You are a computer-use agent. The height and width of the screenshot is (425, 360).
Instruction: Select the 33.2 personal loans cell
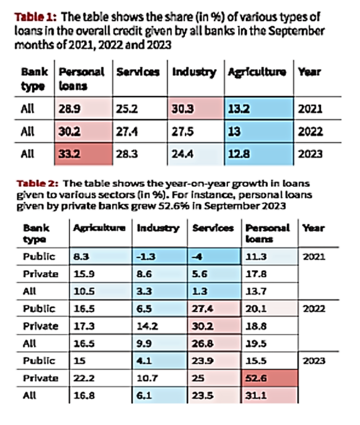tap(82, 153)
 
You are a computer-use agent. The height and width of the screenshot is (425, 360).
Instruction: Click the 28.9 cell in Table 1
tap(82, 109)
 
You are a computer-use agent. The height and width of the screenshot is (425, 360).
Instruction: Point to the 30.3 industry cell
tap(196, 109)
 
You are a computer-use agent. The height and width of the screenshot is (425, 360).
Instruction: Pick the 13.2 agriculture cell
tap(258, 109)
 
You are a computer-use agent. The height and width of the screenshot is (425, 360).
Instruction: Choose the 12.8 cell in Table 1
tap(258, 153)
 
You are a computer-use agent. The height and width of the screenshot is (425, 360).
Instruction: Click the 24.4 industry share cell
tap(196, 153)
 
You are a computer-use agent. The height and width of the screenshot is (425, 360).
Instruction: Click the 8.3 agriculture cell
tap(100, 256)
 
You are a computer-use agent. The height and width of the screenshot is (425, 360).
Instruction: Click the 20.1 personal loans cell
tap(271, 309)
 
